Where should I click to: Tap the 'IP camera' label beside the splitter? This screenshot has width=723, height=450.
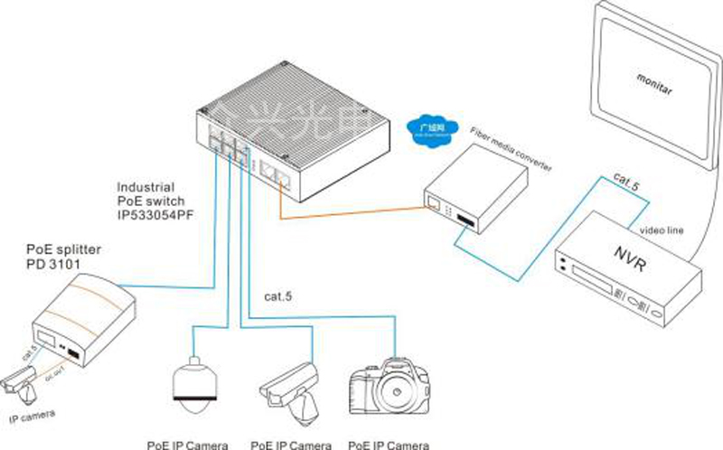click(32, 417)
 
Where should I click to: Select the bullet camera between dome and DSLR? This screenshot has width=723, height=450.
click(291, 387)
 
